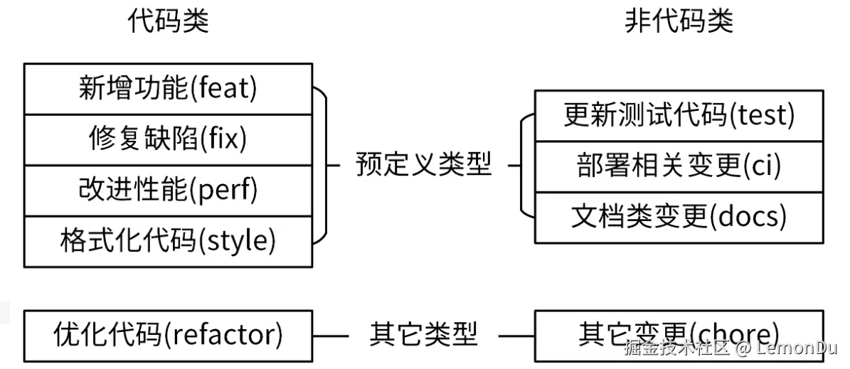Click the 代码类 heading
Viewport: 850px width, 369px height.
(169, 22)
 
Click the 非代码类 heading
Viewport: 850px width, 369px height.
(679, 22)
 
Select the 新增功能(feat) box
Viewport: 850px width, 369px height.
(168, 89)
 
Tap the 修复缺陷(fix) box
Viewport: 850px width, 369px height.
(168, 139)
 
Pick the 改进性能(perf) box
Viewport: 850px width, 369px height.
(168, 191)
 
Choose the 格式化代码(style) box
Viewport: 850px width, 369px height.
(168, 242)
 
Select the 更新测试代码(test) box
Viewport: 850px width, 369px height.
(679, 115)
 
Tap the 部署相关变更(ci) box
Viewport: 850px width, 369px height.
(679, 166)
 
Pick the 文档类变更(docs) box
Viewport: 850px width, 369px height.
(679, 218)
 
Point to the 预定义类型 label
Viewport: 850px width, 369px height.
(423, 166)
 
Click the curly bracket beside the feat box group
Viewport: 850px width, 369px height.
(324, 165)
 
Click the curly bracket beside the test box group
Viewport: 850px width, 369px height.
(524, 165)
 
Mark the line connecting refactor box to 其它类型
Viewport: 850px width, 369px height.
(330, 335)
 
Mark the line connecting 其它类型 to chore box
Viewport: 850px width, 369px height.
(516, 335)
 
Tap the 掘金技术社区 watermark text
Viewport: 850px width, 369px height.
(676, 348)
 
